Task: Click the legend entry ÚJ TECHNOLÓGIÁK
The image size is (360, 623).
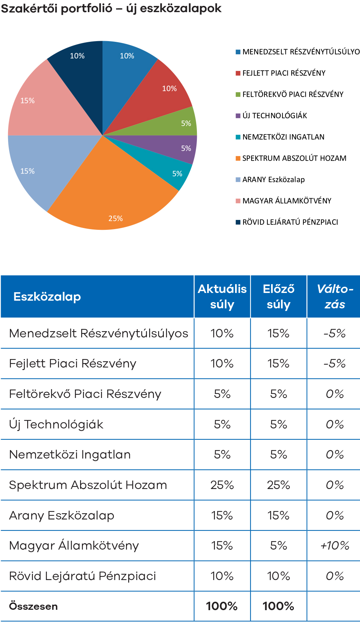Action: [x=274, y=116]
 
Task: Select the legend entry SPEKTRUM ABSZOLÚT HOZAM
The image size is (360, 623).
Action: [x=294, y=158]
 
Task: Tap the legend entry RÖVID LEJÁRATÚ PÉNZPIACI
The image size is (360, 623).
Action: [x=290, y=222]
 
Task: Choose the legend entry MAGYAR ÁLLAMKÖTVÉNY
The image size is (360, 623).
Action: [x=287, y=201]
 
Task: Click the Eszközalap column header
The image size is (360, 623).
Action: [x=47, y=297]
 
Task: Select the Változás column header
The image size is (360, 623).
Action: [x=335, y=297]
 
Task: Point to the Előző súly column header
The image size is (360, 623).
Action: [x=278, y=297]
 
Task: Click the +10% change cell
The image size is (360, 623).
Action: [x=335, y=546]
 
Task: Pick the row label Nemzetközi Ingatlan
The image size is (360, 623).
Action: [x=70, y=454]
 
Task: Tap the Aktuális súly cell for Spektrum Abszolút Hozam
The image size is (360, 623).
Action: [x=222, y=485]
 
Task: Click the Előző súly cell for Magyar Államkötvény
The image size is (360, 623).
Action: [x=278, y=546]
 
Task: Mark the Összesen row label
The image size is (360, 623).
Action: [x=33, y=606]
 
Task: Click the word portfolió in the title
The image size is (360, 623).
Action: [x=87, y=8]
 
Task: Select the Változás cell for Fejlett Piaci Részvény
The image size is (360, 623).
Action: [x=335, y=363]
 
